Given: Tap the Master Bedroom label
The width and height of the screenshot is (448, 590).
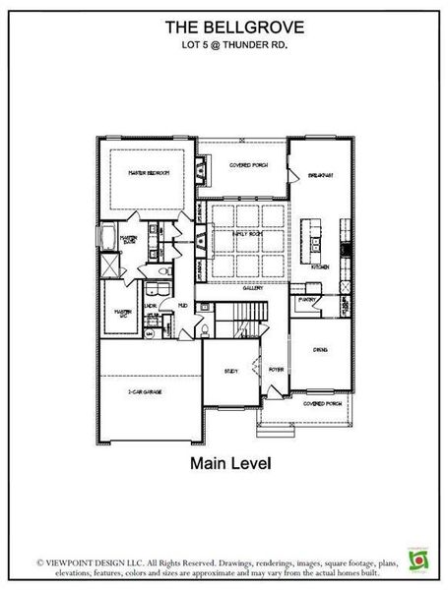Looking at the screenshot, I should tap(149, 172).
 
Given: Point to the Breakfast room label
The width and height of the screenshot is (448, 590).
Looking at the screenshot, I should tap(321, 174).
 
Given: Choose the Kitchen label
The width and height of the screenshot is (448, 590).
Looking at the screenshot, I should tap(321, 266).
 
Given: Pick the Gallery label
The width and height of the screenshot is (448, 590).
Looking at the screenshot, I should tap(252, 290).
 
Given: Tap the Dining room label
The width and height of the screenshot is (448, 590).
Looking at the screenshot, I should tap(320, 348).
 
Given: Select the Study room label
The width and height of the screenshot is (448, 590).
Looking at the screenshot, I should tap(229, 371).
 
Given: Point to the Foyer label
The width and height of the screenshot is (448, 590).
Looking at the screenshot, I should tap(276, 370).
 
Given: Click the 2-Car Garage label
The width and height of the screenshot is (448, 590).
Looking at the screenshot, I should tap(145, 391).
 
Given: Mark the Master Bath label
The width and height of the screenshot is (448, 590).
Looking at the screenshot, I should tap(128, 239).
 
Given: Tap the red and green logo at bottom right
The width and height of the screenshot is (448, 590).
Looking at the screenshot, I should tap(418, 558).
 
